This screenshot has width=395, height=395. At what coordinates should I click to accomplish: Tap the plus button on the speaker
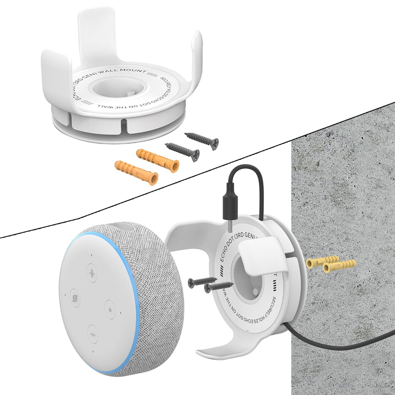(x=92, y=273)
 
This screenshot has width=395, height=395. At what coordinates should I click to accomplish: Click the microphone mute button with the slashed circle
(x=74, y=297)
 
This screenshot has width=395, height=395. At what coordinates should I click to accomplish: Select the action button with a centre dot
(x=110, y=309)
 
